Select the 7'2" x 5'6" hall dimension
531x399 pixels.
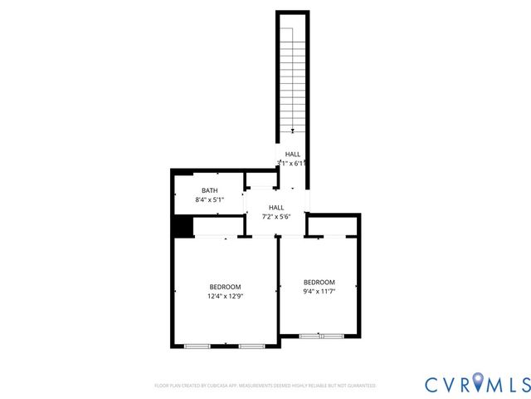(x=276, y=217)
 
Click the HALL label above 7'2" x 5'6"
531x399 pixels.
(x=276, y=208)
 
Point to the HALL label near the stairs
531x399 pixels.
(x=293, y=155)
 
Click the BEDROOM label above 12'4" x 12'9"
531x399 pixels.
(x=225, y=287)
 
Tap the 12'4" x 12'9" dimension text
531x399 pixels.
(x=225, y=296)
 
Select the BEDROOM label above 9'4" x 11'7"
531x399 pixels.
(x=319, y=282)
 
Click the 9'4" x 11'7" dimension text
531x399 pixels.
(x=319, y=291)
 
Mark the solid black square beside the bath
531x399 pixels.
(x=182, y=226)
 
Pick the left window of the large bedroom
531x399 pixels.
(x=197, y=345)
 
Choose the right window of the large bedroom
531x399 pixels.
(x=251, y=345)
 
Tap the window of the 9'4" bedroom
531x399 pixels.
(x=321, y=336)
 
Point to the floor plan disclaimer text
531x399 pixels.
(x=265, y=386)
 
